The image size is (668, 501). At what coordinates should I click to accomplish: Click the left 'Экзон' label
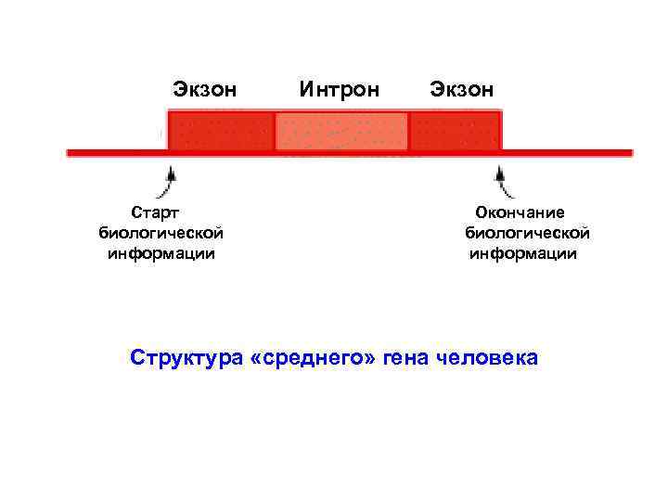pos(204,89)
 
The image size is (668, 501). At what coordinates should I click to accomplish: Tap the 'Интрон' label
pos(340,89)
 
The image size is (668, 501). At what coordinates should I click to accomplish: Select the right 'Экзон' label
pos(461,89)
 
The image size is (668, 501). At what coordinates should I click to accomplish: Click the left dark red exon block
pos(221,131)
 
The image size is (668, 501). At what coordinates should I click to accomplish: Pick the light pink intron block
pos(341,131)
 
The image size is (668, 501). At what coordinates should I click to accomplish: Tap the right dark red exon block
pos(455,131)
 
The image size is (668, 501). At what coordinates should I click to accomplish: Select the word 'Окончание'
pos(519,213)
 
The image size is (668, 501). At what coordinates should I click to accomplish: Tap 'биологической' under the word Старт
pos(161,233)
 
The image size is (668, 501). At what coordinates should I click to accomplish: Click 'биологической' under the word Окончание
pos(527,233)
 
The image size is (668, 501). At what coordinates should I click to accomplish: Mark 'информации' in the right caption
pos(523,253)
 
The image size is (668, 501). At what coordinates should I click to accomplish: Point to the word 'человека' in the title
pos(486,357)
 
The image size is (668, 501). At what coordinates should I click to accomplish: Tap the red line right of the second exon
pos(566,151)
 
